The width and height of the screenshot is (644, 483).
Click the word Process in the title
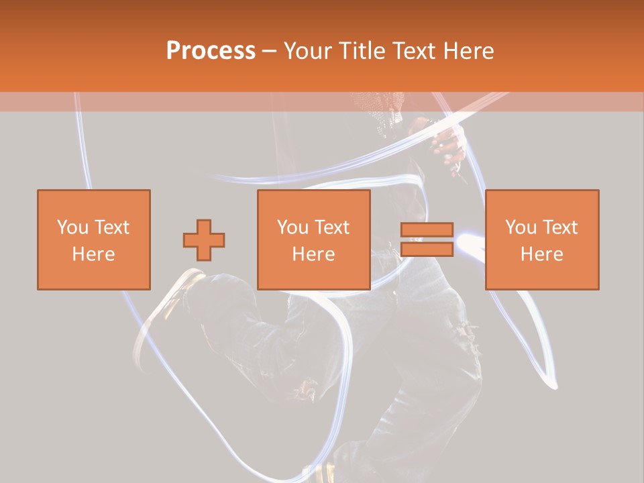211,51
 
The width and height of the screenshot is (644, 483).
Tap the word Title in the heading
362,51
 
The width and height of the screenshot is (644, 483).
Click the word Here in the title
469,51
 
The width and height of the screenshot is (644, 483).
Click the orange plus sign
204,240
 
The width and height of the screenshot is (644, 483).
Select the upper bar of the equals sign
427,230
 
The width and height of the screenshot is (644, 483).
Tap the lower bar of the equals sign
427,250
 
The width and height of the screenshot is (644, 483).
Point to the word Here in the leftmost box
94,254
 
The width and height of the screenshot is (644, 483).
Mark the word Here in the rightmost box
542,254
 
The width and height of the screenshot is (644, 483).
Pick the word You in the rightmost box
521,227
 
